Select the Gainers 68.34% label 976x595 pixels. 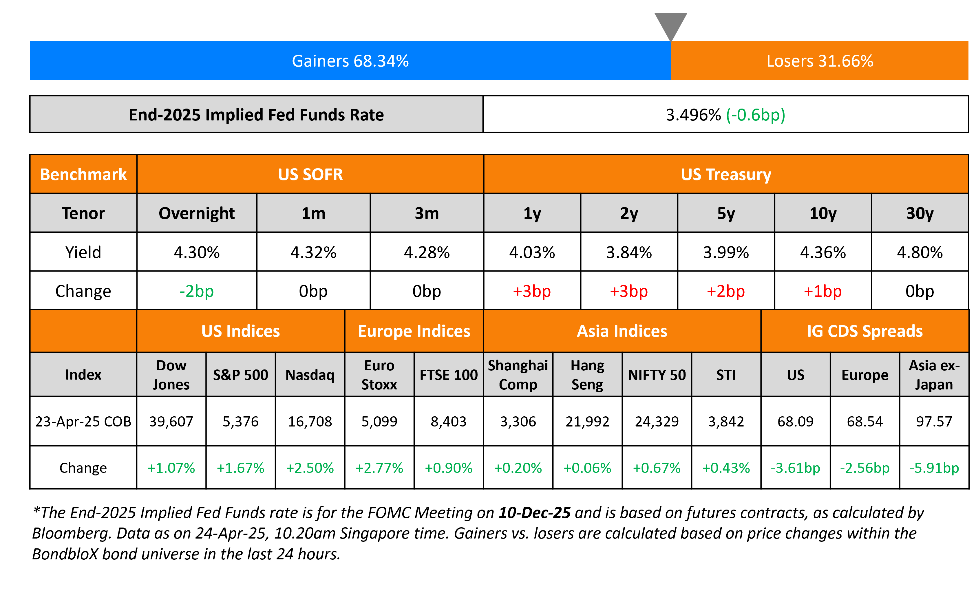click(x=350, y=61)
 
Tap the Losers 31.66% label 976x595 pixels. click(x=820, y=61)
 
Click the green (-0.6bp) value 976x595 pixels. click(x=755, y=115)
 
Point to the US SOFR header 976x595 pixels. click(x=310, y=175)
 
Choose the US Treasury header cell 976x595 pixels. click(x=726, y=175)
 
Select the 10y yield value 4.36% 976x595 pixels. click(x=823, y=252)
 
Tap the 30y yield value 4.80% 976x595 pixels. click(x=920, y=252)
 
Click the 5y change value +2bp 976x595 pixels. click(x=726, y=291)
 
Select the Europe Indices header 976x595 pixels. click(x=414, y=331)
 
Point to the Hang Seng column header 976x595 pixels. click(x=587, y=374)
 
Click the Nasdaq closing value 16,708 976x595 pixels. click(x=310, y=421)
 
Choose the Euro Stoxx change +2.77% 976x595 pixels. click(x=379, y=468)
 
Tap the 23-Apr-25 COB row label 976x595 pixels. click(x=83, y=421)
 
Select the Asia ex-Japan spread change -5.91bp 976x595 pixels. click(x=934, y=468)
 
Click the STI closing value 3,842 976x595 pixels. click(x=726, y=421)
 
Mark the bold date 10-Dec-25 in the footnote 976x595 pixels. click(x=534, y=513)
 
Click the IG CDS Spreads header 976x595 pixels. click(x=865, y=331)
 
